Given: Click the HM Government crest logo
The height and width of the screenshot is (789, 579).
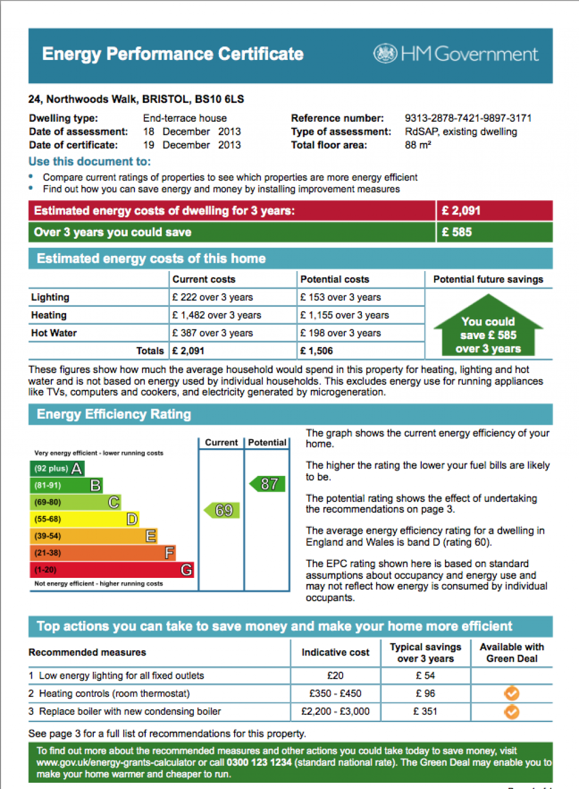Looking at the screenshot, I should point(385,54).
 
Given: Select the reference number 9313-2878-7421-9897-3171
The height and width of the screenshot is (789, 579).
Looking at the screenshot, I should point(468,118).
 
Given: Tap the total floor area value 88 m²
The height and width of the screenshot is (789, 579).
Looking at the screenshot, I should point(418,145).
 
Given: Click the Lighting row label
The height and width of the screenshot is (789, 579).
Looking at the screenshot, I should point(50,298).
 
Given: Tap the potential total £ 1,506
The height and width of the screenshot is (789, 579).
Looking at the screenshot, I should point(317,351).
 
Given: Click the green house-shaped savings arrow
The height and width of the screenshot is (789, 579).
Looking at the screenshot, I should point(488,328).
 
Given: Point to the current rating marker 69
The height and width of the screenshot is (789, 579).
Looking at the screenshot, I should point(222,511).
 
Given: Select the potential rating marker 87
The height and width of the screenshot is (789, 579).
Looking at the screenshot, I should point(268,484).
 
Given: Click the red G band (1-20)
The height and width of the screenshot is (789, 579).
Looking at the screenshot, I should point(111,570).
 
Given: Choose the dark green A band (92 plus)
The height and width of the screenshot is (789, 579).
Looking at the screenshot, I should point(57,469).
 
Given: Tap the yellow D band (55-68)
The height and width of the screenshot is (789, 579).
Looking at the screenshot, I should point(84,519).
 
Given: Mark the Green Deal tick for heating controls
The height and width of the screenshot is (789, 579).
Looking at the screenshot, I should point(512,693).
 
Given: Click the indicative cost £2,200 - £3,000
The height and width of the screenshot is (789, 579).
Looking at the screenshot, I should point(335,711).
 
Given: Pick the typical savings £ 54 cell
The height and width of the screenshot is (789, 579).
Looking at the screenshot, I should point(425,676).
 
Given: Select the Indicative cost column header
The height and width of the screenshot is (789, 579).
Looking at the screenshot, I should point(335,653).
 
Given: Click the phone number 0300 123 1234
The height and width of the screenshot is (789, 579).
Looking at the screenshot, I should point(259,762).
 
